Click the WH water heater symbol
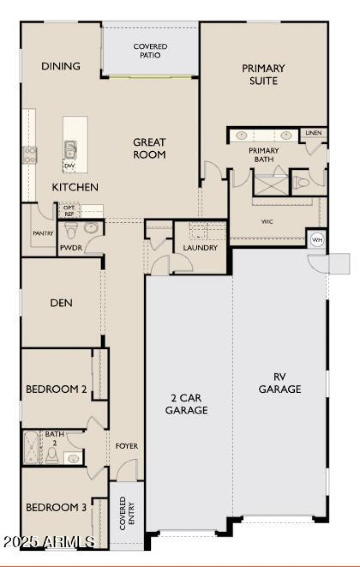pyautogui.click(x=318, y=240)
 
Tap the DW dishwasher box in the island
pyautogui.click(x=69, y=166)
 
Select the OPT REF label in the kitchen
pyautogui.click(x=69, y=210)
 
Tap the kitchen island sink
pyautogui.click(x=70, y=149)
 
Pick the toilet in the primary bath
pyautogui.click(x=302, y=182)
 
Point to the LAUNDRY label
pyautogui.click(x=200, y=248)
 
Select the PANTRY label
pyautogui.click(x=43, y=233)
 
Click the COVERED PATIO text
pyautogui.click(x=150, y=51)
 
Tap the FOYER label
pyautogui.click(x=126, y=446)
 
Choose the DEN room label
pyautogui.click(x=61, y=303)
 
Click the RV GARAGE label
pyautogui.click(x=279, y=383)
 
